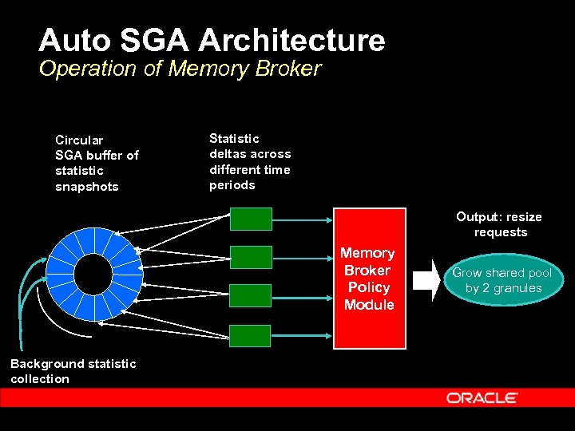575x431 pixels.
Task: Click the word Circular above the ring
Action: point(79,140)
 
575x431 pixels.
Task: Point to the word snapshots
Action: point(86,187)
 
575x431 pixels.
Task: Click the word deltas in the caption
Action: point(228,154)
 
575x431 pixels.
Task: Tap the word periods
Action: point(232,185)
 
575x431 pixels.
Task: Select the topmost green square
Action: point(251,219)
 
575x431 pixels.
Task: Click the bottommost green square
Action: point(251,335)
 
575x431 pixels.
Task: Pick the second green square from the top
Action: point(251,257)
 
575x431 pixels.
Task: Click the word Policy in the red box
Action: point(369,287)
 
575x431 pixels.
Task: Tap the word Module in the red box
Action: point(369,305)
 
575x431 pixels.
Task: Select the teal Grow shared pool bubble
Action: point(502,280)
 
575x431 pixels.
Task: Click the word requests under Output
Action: point(501,232)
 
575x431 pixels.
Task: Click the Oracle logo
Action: point(482,397)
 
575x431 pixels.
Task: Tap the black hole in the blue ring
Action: point(93,275)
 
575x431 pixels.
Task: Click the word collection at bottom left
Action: point(40,379)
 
